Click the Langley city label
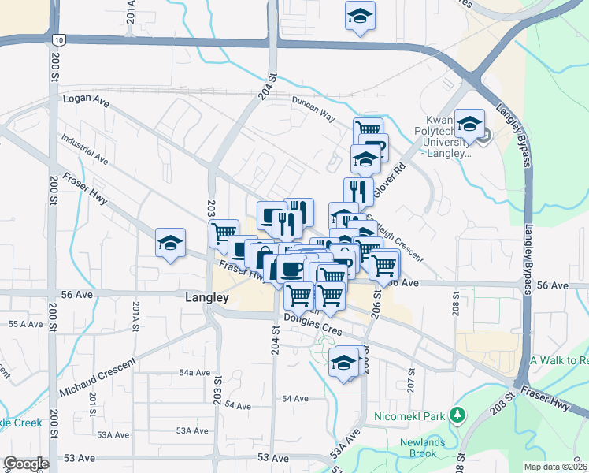[x=206, y=298]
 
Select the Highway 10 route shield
[x=59, y=39]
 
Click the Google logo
[x=26, y=464]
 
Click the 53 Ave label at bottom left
[x=79, y=458]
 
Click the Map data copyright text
[x=556, y=467]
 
